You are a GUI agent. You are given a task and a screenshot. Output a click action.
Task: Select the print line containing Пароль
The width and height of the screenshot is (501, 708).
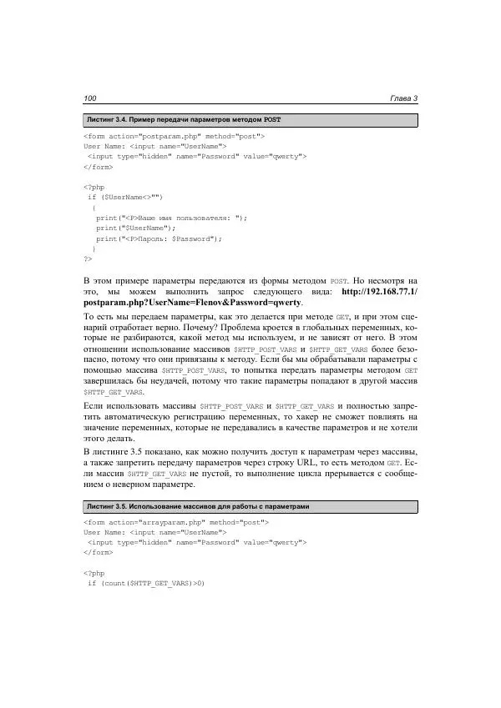(159, 238)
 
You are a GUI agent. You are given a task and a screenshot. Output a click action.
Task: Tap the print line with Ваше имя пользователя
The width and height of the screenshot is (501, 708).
(171, 218)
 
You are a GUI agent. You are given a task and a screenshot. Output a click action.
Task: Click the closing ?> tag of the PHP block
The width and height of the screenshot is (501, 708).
(88, 259)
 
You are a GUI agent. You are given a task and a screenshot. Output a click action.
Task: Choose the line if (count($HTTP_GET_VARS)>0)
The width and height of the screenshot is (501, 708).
(146, 583)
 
